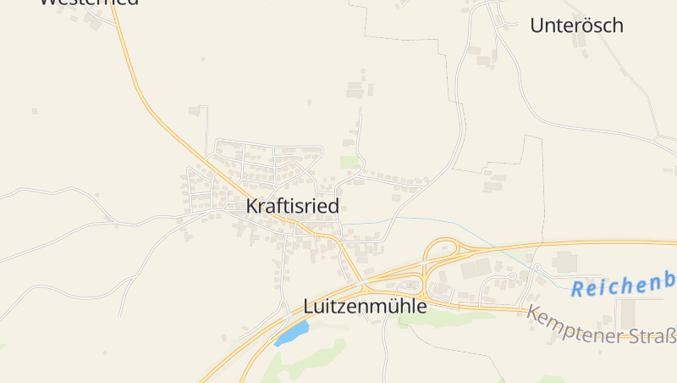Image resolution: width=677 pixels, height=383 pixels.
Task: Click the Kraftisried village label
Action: click(292, 206)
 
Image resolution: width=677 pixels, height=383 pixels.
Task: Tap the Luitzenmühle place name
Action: click(365, 307)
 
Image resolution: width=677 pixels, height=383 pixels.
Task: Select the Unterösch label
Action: click(576, 25)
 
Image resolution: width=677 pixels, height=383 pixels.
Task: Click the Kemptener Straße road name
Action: click(602, 326)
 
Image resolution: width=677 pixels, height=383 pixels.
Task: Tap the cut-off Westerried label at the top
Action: click(89, 3)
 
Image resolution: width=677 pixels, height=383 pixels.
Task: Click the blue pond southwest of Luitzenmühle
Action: click(290, 333)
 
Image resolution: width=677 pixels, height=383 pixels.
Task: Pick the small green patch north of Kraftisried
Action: click(349, 161)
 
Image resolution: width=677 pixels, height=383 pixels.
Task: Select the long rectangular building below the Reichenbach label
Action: click(627, 314)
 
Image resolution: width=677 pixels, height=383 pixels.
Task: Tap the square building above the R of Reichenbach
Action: click(564, 262)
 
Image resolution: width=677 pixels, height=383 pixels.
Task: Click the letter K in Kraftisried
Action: click(251, 206)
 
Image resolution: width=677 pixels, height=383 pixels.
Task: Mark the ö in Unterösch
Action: click(588, 25)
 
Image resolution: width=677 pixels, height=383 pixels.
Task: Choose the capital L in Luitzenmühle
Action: click(309, 307)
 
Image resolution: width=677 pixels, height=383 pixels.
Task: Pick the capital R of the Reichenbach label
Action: click(578, 289)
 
